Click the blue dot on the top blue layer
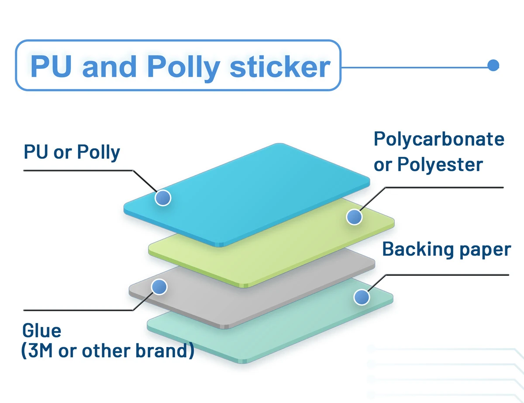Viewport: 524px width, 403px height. click(x=163, y=198)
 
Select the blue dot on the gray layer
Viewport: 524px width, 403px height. click(x=159, y=287)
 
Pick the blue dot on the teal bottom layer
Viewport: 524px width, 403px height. click(x=361, y=297)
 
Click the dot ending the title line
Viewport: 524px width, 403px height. click(x=493, y=65)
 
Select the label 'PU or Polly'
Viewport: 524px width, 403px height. click(x=72, y=152)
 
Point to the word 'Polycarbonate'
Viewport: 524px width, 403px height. click(x=439, y=139)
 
